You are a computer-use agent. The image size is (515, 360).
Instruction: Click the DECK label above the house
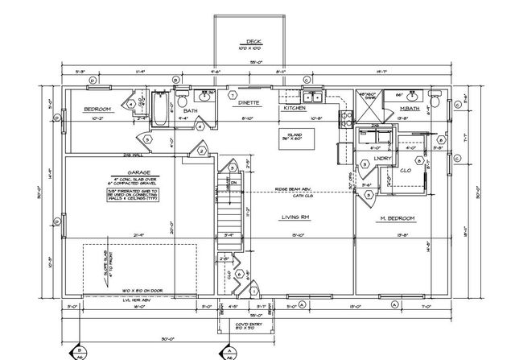click(x=253, y=43)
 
